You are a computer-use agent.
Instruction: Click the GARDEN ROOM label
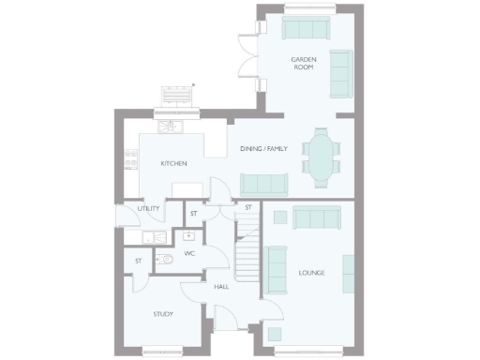click(303, 64)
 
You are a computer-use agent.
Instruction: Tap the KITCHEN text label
click(173, 164)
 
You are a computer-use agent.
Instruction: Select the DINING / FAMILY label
click(263, 149)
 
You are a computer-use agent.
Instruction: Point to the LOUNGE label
click(311, 273)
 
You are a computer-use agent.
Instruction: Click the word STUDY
click(164, 314)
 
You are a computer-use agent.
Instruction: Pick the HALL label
click(221, 287)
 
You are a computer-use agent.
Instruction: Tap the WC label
click(188, 253)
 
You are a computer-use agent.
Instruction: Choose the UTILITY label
click(148, 209)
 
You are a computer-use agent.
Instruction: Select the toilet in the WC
click(164, 260)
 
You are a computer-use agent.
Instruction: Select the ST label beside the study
click(138, 261)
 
